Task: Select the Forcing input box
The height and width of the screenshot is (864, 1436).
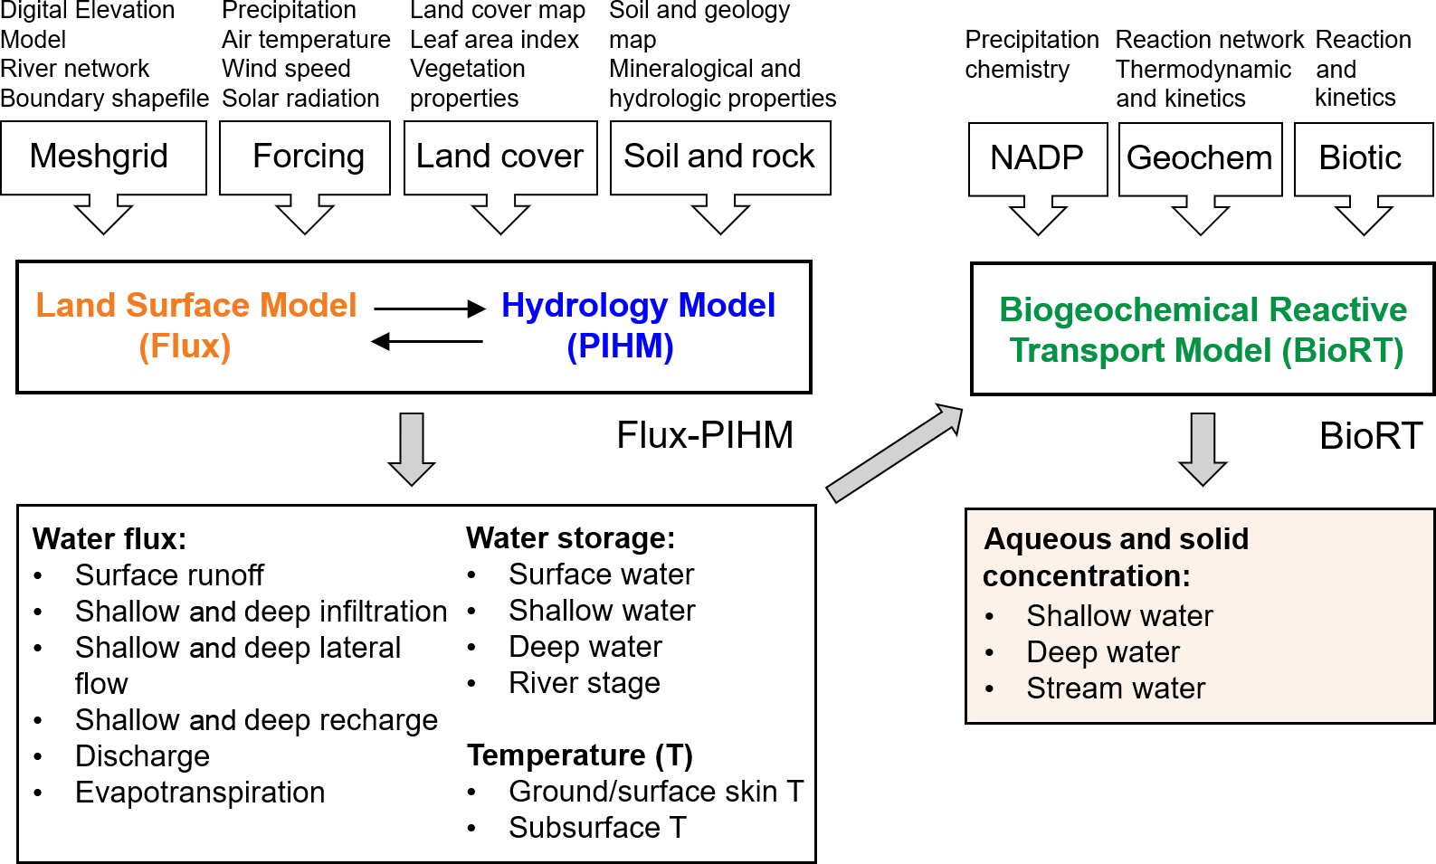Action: pyautogui.click(x=305, y=157)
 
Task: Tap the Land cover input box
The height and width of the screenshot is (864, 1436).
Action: pyautogui.click(x=500, y=157)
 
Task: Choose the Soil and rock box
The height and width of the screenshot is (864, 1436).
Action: pyautogui.click(x=720, y=157)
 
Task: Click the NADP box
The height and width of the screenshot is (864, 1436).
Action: pyautogui.click(x=1037, y=158)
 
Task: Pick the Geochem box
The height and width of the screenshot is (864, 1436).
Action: pyautogui.click(x=1200, y=158)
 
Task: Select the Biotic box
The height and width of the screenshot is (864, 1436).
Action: pyautogui.click(x=1362, y=158)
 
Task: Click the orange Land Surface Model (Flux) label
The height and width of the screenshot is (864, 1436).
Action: pyautogui.click(x=195, y=326)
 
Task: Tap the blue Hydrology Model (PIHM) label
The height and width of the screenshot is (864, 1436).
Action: pyautogui.click(x=637, y=326)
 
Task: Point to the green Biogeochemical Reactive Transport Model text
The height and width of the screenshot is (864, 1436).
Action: pyautogui.click(x=1203, y=329)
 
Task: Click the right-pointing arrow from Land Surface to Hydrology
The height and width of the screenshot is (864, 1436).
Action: pyautogui.click(x=430, y=309)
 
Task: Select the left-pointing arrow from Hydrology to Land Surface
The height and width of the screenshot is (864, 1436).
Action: pyautogui.click(x=426, y=341)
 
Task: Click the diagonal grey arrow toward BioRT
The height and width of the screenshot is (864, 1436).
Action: pyautogui.click(x=894, y=453)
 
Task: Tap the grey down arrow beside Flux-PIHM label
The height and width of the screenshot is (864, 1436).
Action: pyautogui.click(x=412, y=450)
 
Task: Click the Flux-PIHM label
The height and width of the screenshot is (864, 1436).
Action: pyautogui.click(x=704, y=436)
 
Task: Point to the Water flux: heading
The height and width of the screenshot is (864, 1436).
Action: pyautogui.click(x=109, y=539)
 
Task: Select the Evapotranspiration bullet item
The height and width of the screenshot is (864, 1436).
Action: pyautogui.click(x=199, y=793)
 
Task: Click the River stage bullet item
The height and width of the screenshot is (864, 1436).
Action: pyautogui.click(x=584, y=683)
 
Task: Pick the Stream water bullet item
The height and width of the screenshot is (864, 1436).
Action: pyautogui.click(x=1115, y=688)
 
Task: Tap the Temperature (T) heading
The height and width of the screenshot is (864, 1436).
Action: pyautogui.click(x=579, y=755)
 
